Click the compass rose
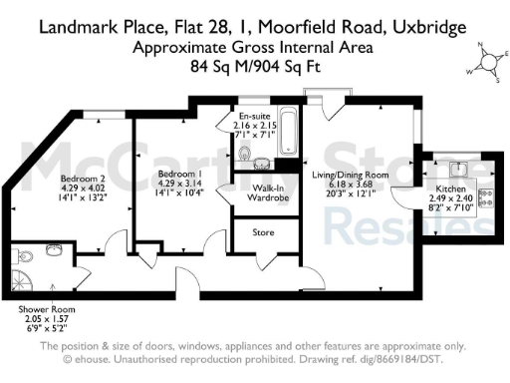(487, 62)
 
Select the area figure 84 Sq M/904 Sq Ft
(254, 67)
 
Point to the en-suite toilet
(244, 154)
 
